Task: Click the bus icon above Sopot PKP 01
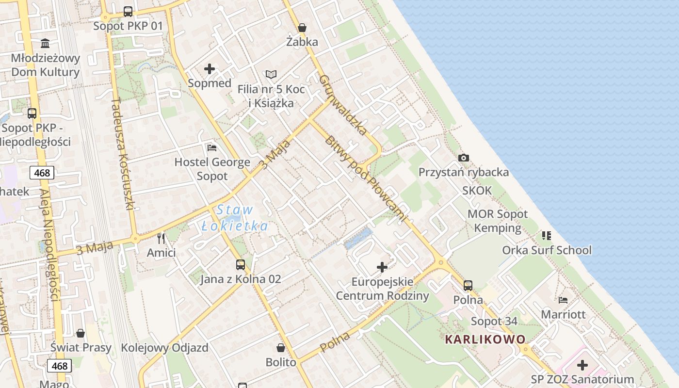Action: click(x=128, y=12)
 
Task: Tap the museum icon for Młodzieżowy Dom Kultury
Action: click(x=46, y=44)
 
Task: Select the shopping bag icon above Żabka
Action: click(x=302, y=28)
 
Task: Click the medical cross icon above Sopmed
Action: click(x=210, y=69)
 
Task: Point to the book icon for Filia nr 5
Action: click(x=271, y=74)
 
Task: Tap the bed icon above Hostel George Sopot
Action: click(x=212, y=147)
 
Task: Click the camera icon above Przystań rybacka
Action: click(x=464, y=158)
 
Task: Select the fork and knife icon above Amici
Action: click(x=162, y=238)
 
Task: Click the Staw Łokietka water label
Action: click(x=235, y=218)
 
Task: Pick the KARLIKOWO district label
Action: click(x=485, y=339)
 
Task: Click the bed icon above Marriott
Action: click(x=563, y=300)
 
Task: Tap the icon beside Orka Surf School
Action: click(x=547, y=236)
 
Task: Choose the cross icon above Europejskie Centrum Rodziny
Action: click(x=382, y=267)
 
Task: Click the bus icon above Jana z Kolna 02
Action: click(x=241, y=265)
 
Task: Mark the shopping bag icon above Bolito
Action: click(x=281, y=348)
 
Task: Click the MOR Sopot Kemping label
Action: click(x=498, y=221)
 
